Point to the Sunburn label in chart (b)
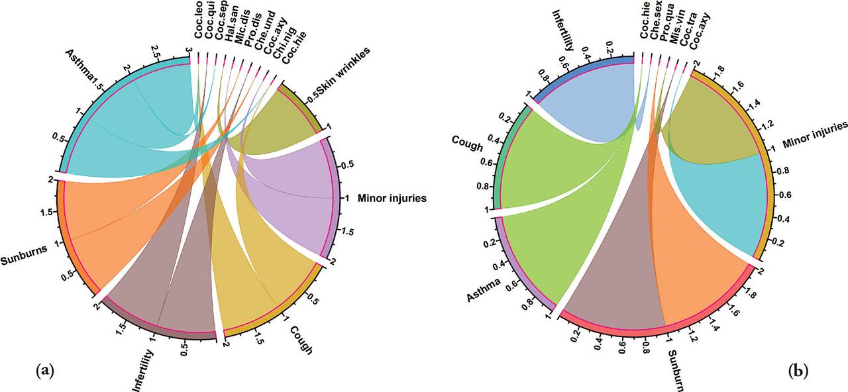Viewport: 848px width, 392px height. point(676,370)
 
